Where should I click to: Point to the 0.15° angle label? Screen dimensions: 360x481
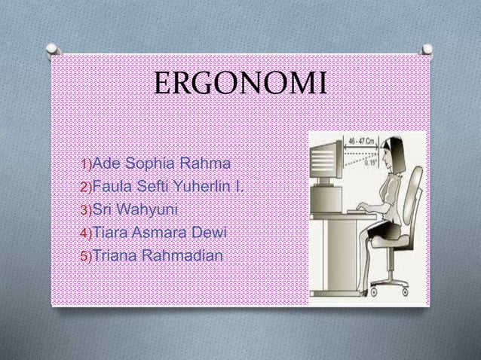point(369,159)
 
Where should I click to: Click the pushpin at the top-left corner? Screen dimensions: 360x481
point(52,50)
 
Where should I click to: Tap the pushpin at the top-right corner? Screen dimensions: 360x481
point(427,50)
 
